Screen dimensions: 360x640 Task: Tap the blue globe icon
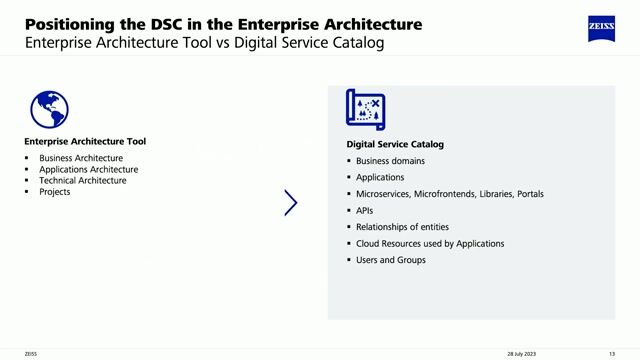49,109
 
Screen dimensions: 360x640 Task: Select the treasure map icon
365,109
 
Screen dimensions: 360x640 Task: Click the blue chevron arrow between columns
290,203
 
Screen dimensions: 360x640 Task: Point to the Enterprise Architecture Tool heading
85,142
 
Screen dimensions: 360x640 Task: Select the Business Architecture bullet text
81,158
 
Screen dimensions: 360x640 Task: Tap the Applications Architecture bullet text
88,169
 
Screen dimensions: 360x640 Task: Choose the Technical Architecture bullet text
83,180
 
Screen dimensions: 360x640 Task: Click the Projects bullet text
55,191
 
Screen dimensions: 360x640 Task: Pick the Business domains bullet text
390,161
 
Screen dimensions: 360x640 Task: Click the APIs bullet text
365,211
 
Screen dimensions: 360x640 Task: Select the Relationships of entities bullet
402,227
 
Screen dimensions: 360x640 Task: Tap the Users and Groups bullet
390,260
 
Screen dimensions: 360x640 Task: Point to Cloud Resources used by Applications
430,243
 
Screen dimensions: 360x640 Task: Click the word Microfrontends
447,194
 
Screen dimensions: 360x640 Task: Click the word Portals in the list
530,194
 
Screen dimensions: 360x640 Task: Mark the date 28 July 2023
521,353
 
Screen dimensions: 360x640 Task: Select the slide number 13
611,353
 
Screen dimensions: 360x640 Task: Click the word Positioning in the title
65,24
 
